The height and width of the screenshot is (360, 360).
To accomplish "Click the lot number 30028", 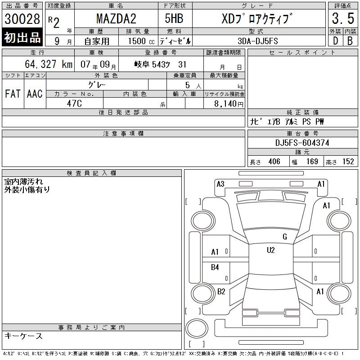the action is pos(22,18).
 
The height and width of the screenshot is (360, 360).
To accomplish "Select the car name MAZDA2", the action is pos(116,18).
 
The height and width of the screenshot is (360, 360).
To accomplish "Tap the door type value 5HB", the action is pos(174,18).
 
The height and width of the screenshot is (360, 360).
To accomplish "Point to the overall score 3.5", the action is pos(343,18).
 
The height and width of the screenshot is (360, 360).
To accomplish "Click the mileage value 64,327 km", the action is pos(49,64).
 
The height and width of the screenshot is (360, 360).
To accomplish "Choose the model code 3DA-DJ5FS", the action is pos(258,41).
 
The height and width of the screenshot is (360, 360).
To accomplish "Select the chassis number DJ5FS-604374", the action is pos(302,143).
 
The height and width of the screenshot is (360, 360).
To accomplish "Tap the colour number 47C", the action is pos(74,103).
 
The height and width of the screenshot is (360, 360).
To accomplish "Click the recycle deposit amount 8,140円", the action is pos(229,104).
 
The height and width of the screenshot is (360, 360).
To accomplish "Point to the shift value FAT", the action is pos(13,94).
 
